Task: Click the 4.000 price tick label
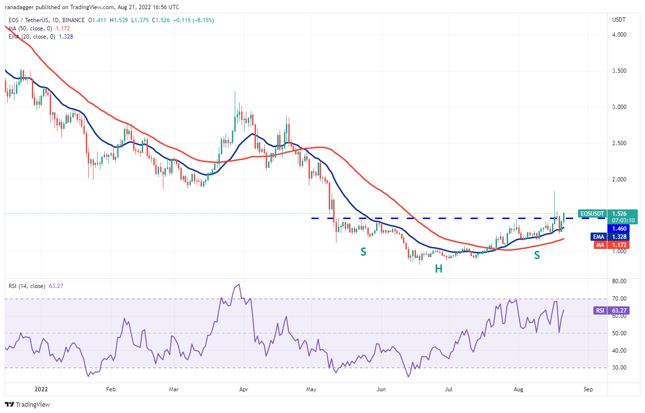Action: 619,35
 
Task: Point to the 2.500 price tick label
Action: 619,143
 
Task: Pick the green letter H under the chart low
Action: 439,269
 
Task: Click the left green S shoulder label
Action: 363,251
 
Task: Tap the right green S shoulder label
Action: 537,255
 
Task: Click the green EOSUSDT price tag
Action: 592,213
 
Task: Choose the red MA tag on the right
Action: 599,245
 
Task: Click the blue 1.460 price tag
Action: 619,228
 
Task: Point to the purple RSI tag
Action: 600,311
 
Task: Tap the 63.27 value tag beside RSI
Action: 619,311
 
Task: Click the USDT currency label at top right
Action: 618,20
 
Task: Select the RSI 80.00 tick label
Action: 618,281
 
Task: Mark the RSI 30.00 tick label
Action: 618,368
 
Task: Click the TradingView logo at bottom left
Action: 27,404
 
